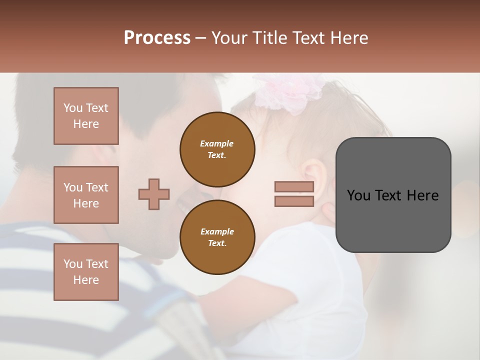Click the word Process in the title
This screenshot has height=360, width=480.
coord(157,38)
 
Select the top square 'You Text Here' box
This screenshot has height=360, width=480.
coord(86,116)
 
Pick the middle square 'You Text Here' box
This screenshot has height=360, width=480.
coord(86,195)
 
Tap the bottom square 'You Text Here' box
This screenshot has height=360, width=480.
coord(86,271)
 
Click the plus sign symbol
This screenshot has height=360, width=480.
coord(154,194)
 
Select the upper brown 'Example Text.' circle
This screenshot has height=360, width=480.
coord(217,149)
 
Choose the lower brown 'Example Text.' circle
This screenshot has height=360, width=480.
coord(217,237)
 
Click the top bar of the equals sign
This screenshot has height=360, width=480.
coord(294,187)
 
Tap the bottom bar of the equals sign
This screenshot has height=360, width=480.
coord(294,201)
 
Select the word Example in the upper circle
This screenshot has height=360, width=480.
coord(217,143)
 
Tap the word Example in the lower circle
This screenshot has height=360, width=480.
coord(217,231)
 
